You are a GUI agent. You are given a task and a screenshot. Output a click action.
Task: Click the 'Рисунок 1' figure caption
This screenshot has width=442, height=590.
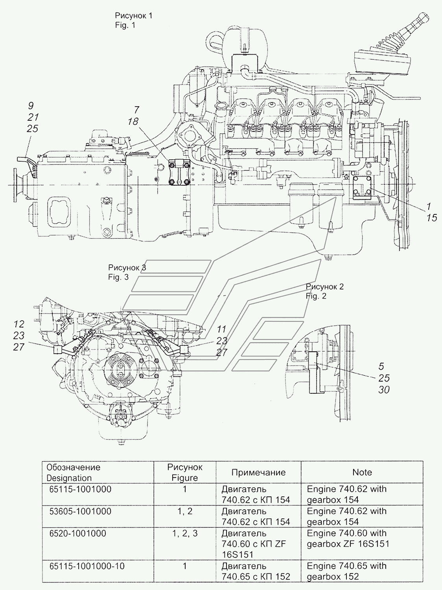click(133, 16)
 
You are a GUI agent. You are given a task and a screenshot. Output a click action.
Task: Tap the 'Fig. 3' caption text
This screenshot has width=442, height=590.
click(118, 277)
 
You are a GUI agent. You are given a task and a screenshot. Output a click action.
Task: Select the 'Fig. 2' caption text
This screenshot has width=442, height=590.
click(316, 296)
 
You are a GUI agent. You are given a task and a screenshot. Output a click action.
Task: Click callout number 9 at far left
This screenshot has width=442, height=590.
click(31, 105)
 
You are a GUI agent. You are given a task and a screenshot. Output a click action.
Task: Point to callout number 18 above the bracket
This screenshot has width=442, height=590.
click(133, 122)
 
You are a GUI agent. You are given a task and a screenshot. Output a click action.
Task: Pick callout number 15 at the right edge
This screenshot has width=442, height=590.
click(431, 218)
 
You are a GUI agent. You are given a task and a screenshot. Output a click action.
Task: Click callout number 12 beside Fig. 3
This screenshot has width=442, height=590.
click(19, 324)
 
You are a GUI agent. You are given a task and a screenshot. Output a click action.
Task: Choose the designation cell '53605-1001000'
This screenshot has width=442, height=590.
click(79, 511)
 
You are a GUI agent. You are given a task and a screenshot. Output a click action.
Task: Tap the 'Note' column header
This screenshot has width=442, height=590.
click(362, 472)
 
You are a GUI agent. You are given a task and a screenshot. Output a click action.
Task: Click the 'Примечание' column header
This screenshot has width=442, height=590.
click(258, 472)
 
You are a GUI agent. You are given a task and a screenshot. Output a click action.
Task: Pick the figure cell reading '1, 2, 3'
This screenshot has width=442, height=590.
click(184, 533)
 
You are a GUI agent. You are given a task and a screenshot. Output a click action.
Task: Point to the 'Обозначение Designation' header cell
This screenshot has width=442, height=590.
click(73, 472)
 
